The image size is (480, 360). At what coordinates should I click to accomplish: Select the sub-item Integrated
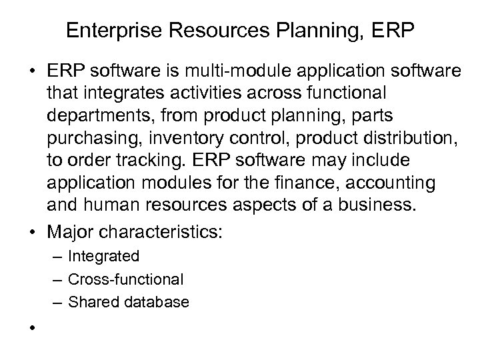click(103, 257)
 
